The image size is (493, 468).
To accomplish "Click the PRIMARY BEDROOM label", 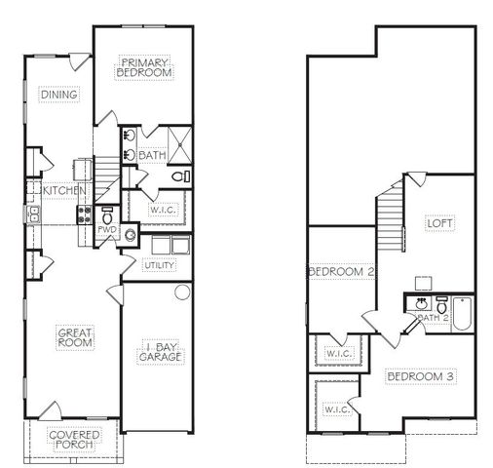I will click(144, 66).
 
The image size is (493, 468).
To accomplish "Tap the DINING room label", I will click(59, 95).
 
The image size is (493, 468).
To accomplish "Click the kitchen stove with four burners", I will click(85, 214).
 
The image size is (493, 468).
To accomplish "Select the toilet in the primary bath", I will click(179, 177).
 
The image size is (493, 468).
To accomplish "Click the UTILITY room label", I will click(160, 265).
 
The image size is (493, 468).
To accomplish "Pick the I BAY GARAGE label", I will click(157, 353).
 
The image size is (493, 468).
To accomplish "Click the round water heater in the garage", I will click(181, 293).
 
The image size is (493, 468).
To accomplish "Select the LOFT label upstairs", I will click(440, 222).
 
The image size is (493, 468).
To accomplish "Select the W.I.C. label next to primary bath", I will click(162, 210).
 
